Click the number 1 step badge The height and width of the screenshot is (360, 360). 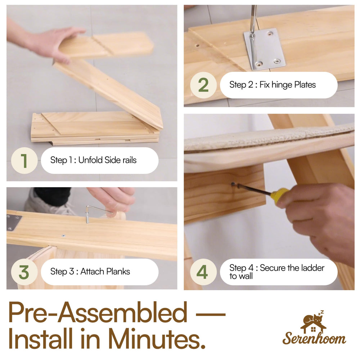(x=24, y=161)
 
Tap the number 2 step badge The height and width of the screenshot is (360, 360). (x=203, y=85)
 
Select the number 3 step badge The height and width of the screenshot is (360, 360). (x=24, y=272)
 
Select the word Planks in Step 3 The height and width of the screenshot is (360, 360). (x=118, y=271)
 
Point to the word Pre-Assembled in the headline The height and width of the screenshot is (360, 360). (x=98, y=312)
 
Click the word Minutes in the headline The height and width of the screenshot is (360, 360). (x=157, y=338)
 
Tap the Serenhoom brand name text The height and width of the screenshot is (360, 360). (x=314, y=338)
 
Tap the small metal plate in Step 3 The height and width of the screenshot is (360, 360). (x=14, y=222)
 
